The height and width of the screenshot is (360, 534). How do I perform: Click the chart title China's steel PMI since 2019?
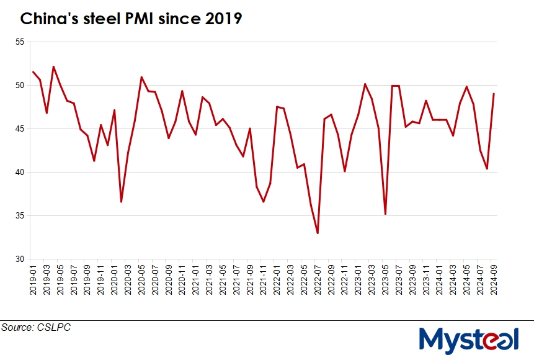(x=131, y=19)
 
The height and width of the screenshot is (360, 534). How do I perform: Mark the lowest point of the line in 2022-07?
(x=318, y=233)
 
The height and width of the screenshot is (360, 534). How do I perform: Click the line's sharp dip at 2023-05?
(x=386, y=214)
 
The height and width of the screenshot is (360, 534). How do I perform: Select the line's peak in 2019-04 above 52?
(x=53, y=66)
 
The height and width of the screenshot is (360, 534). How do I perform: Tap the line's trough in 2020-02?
(x=121, y=202)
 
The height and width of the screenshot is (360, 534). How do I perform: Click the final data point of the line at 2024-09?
(x=494, y=94)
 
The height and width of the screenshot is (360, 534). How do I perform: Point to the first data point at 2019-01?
(x=33, y=72)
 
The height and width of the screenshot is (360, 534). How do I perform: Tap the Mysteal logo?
(x=468, y=340)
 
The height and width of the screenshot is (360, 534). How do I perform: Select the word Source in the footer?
(x=17, y=327)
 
